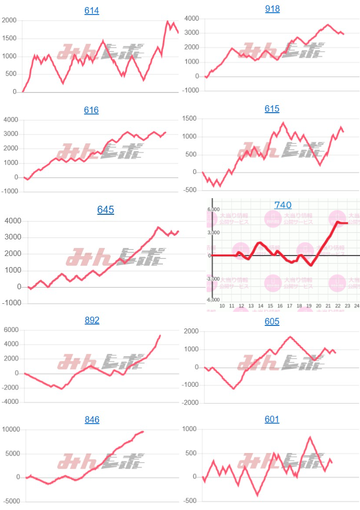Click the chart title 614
coord(92,11)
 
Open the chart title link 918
coord(272,9)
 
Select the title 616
coord(91,110)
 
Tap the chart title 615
coord(272,109)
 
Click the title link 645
coord(106,210)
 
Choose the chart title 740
coord(283,205)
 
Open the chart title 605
coord(272,321)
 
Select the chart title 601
coord(272,419)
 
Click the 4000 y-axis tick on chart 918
coord(192,19)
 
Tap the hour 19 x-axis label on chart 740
coord(309,306)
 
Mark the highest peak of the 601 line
coord(310,437)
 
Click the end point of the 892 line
coord(160,335)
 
